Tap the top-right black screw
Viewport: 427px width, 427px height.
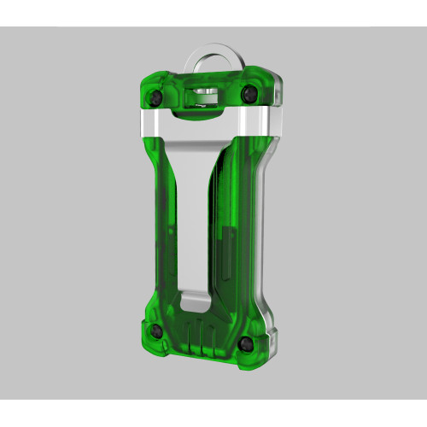click(250, 92)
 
